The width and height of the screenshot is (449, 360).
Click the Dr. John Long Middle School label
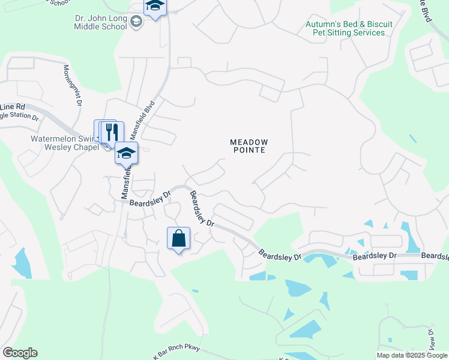click(x=101, y=23)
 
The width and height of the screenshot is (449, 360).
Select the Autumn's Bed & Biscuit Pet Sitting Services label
click(x=349, y=28)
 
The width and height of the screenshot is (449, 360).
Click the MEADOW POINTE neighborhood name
click(x=248, y=146)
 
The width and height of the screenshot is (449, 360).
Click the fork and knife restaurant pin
click(x=112, y=131)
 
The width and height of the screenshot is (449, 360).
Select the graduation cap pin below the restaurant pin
click(x=126, y=154)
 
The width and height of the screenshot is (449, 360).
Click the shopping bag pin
click(x=178, y=238)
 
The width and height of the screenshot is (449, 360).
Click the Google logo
click(x=20, y=353)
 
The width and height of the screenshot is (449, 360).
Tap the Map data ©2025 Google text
click(x=412, y=355)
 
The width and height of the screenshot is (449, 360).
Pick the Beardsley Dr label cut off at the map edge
click(x=435, y=257)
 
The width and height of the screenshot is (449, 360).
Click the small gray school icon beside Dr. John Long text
click(x=136, y=23)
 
